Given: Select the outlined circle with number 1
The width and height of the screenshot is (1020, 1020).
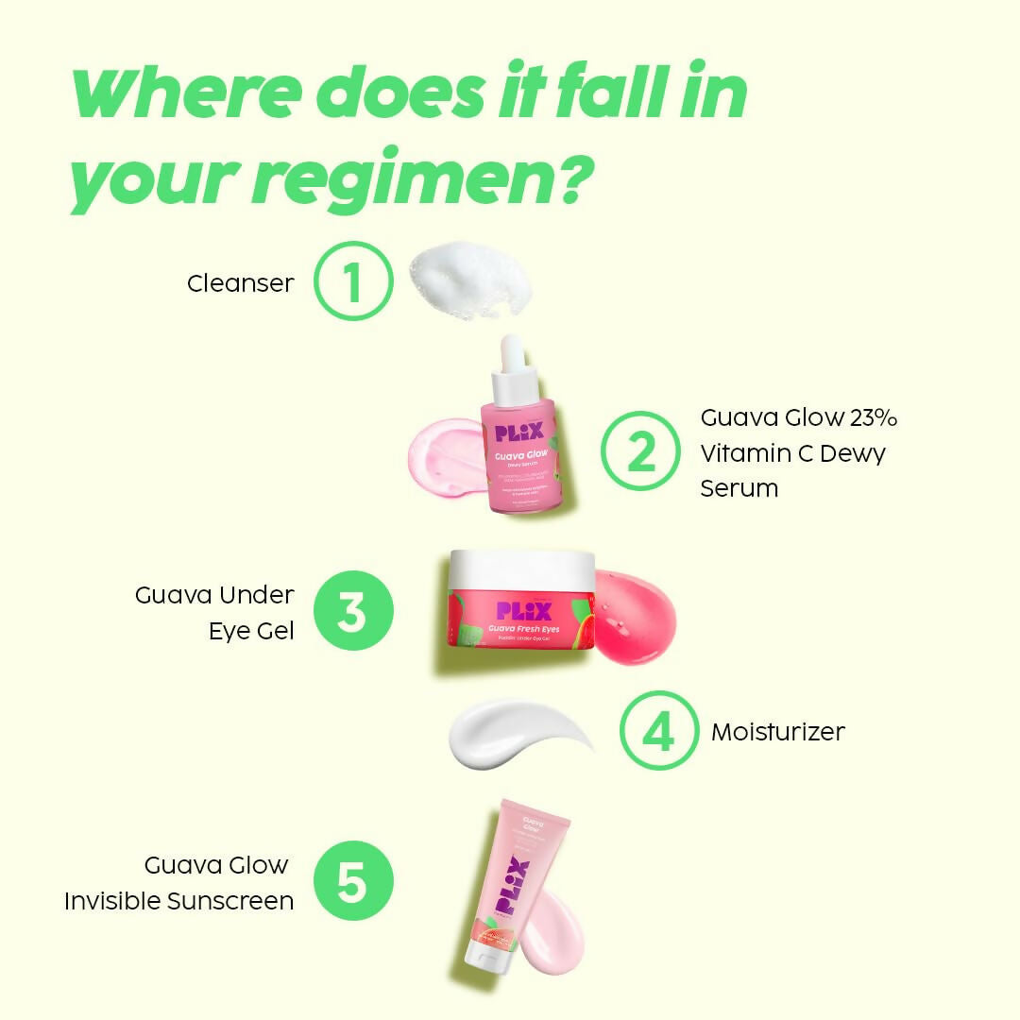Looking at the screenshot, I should (x=352, y=281).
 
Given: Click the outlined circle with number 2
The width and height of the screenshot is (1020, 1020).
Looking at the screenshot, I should (x=640, y=452).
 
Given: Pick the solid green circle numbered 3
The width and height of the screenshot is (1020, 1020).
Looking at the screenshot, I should (x=352, y=612).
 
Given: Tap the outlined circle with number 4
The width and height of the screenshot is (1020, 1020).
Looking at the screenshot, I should (x=659, y=731).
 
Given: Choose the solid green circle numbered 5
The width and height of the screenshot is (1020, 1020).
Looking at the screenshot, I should (x=352, y=883).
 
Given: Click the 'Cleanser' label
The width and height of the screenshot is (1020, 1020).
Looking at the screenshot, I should (x=240, y=282).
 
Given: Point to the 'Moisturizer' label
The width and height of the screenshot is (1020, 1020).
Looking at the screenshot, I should (x=777, y=731).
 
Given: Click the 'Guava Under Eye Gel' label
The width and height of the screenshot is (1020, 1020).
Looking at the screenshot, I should (x=215, y=612).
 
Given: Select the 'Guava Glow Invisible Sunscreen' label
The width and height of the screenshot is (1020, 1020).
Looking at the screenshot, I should (x=179, y=883).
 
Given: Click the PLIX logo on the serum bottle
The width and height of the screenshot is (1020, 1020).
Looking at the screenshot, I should (x=518, y=432).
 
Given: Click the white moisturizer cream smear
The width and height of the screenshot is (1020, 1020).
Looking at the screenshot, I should (x=510, y=735).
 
